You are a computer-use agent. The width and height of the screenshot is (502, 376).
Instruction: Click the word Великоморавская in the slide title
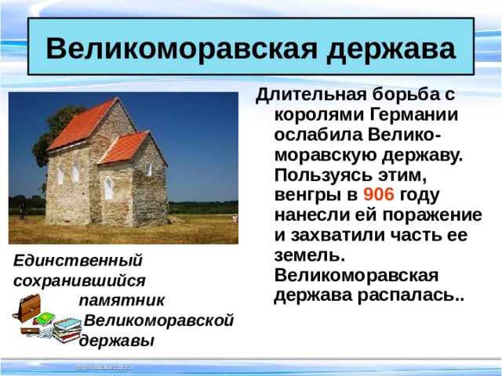[x=182, y=49]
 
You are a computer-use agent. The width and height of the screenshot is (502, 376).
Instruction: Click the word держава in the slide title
[x=392, y=49]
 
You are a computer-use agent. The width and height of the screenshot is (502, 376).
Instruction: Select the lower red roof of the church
[x=125, y=146]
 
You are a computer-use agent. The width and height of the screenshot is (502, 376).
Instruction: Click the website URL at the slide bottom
[x=104, y=367]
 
